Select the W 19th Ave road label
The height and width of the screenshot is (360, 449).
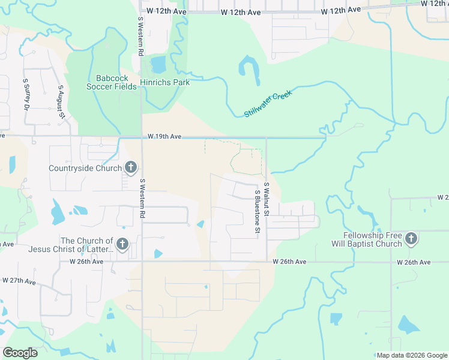tap(164, 137)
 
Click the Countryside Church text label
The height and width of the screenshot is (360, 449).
tap(85, 168)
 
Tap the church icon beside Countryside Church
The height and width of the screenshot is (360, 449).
tap(131, 168)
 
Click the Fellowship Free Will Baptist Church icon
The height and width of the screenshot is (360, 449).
tap(411, 239)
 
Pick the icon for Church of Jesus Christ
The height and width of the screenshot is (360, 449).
tap(122, 244)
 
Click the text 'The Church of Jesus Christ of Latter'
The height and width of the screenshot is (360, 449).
tap(86, 245)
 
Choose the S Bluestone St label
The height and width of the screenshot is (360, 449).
tap(257, 211)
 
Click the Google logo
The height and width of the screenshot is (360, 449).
tap(20, 352)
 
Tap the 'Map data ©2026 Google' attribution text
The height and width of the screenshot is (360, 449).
tap(411, 355)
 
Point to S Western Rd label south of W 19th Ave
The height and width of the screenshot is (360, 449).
tap(143, 198)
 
